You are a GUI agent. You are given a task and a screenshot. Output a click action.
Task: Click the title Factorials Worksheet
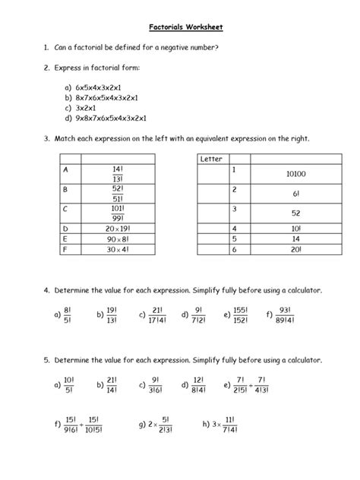tap(179, 27)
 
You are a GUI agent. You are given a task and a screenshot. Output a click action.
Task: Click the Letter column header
tap(210, 159)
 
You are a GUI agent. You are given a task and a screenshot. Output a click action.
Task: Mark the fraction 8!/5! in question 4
tap(68, 314)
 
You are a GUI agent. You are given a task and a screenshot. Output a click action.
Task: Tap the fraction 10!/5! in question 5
tap(68, 386)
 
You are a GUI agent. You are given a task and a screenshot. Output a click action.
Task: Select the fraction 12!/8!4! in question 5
tap(199, 386)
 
